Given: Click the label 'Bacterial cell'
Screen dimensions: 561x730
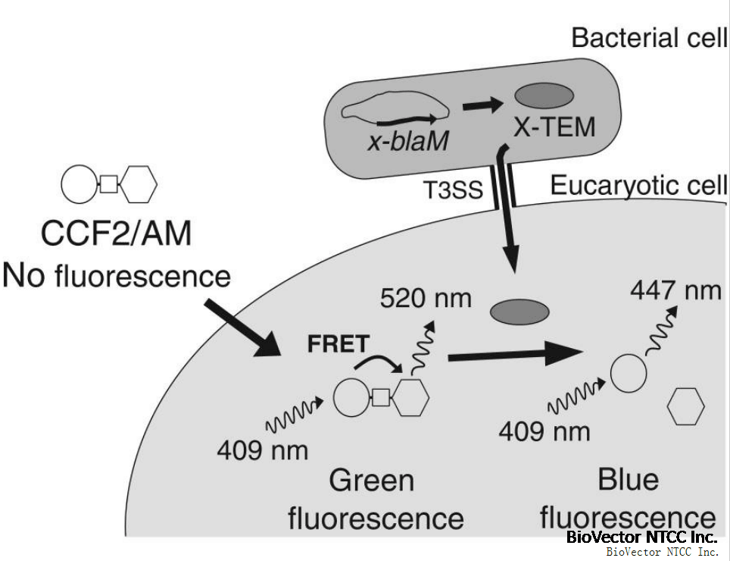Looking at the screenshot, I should pyautogui.click(x=649, y=38).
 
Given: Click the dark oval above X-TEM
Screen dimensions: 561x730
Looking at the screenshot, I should pyautogui.click(x=544, y=96).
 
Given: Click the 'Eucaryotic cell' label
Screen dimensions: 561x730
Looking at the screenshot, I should pyautogui.click(x=638, y=186).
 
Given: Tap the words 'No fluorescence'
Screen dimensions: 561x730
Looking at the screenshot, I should pyautogui.click(x=116, y=274).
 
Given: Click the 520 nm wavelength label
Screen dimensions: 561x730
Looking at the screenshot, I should pyautogui.click(x=425, y=298).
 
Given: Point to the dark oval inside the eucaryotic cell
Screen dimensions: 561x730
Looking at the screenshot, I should pyautogui.click(x=519, y=312).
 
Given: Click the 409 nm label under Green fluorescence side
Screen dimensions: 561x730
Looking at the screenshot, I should pyautogui.click(x=262, y=451).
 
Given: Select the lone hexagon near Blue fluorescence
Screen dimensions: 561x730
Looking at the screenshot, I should pyautogui.click(x=685, y=407).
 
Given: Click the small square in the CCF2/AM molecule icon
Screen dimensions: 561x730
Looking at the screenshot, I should pyautogui.click(x=108, y=184).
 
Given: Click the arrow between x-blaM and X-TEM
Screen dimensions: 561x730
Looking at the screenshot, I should pyautogui.click(x=479, y=105).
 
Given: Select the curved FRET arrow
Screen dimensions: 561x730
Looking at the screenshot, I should pyautogui.click(x=380, y=364).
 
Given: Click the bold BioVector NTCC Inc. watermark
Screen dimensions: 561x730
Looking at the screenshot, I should pyautogui.click(x=641, y=537).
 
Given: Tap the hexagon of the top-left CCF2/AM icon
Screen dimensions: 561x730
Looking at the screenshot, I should pyautogui.click(x=140, y=184).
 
